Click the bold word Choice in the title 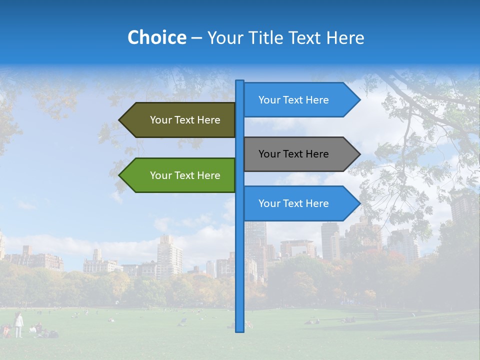coord(156,38)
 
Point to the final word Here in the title coord(345,38)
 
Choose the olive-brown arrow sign coord(180,120)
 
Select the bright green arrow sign coord(180,175)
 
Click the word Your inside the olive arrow coord(160,120)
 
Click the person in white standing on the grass coord(18,324)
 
